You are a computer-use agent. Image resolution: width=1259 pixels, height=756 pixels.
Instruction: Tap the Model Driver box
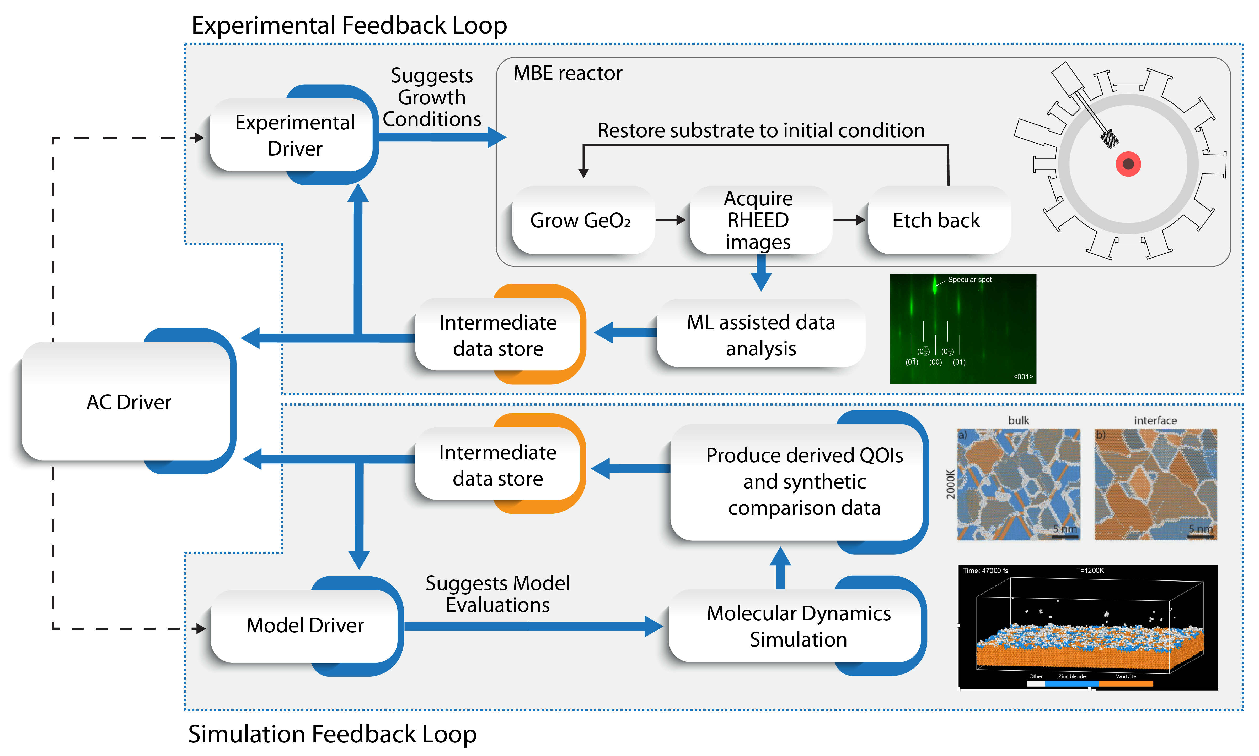(x=305, y=626)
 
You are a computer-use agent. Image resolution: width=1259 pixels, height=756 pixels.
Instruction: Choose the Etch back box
(x=936, y=221)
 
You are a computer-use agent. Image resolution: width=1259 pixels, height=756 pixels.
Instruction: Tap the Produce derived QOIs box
(x=804, y=481)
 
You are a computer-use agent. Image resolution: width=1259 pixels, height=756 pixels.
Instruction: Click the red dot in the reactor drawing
(x=1128, y=164)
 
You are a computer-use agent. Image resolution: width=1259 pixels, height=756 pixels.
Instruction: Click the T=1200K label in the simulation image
(x=1090, y=571)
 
